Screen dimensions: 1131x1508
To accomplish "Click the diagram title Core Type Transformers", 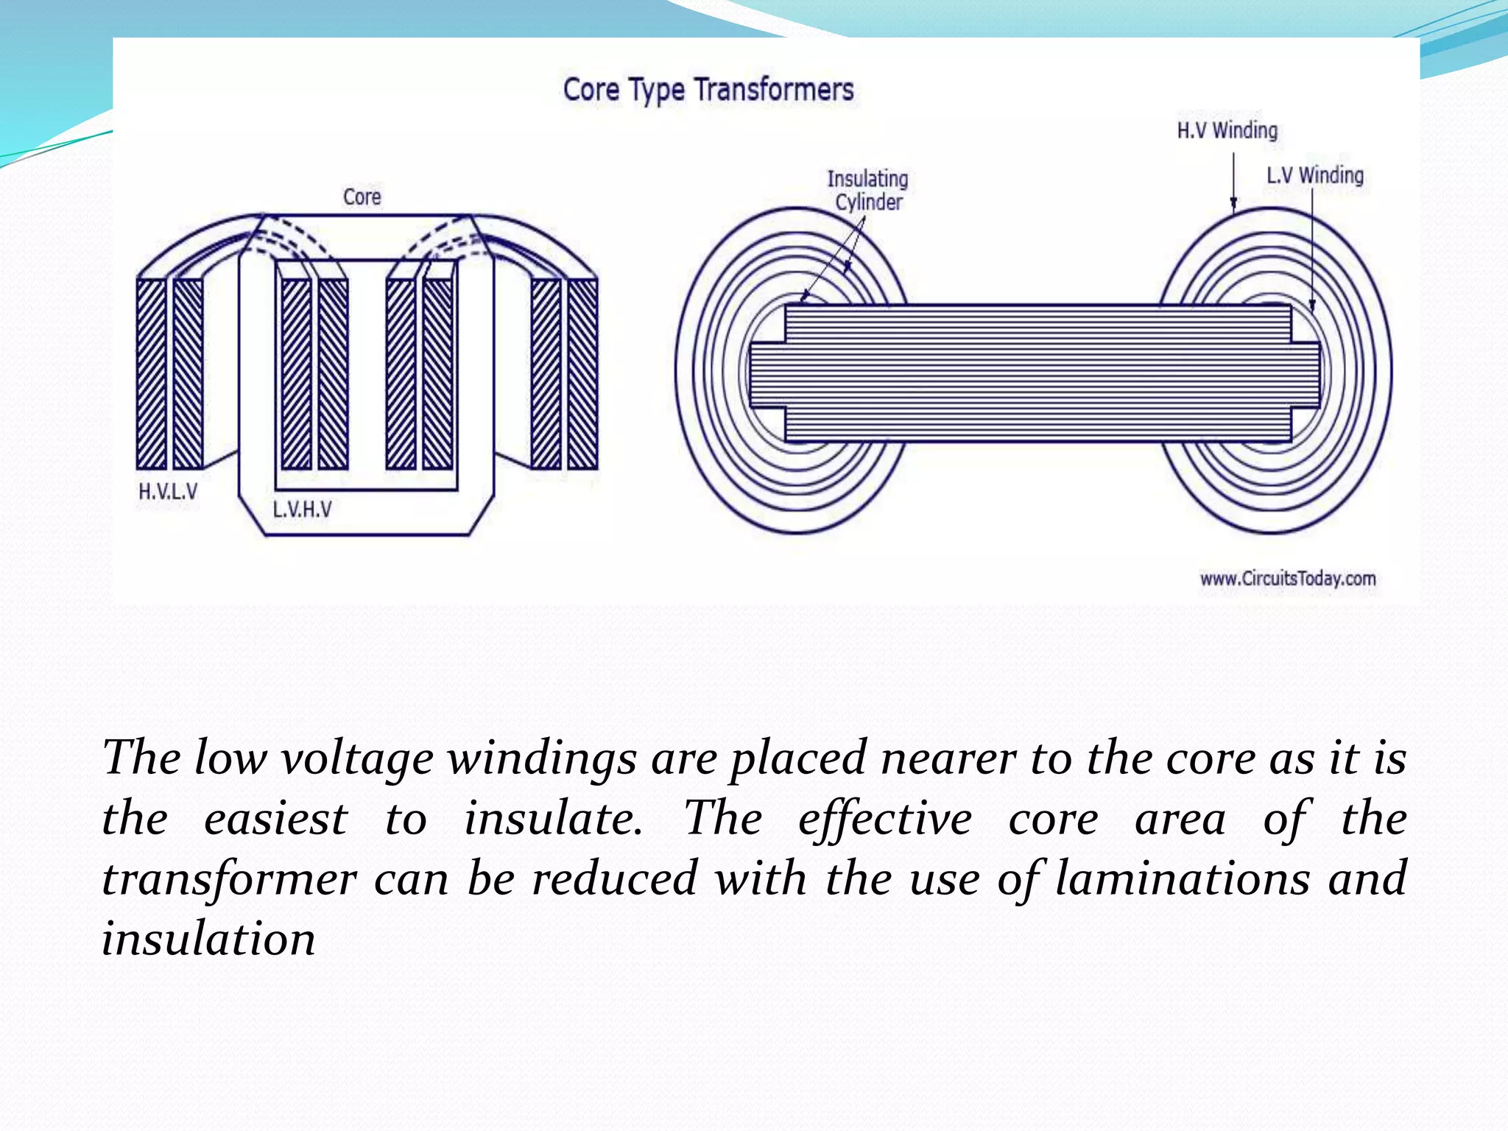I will click(x=708, y=90).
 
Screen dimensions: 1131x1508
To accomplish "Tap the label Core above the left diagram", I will click(x=362, y=197).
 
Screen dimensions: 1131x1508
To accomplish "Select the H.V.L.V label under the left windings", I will click(x=168, y=492).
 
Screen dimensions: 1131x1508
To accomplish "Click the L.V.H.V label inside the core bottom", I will click(x=302, y=510).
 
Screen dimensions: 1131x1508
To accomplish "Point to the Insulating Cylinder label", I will click(x=867, y=191).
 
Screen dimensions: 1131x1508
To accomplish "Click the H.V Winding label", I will click(x=1227, y=131).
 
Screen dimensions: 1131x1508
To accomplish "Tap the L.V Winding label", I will click(x=1315, y=176).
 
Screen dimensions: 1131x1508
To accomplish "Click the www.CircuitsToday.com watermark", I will click(x=1288, y=579).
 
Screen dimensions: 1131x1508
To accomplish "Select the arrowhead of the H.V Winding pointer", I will click(x=1234, y=205).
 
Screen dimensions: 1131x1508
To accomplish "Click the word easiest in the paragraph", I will click(x=275, y=820).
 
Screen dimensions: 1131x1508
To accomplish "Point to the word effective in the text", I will click(x=884, y=820).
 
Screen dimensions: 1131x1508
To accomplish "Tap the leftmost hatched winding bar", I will click(x=152, y=374).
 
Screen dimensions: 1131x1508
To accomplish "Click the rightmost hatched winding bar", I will click(x=582, y=374).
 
